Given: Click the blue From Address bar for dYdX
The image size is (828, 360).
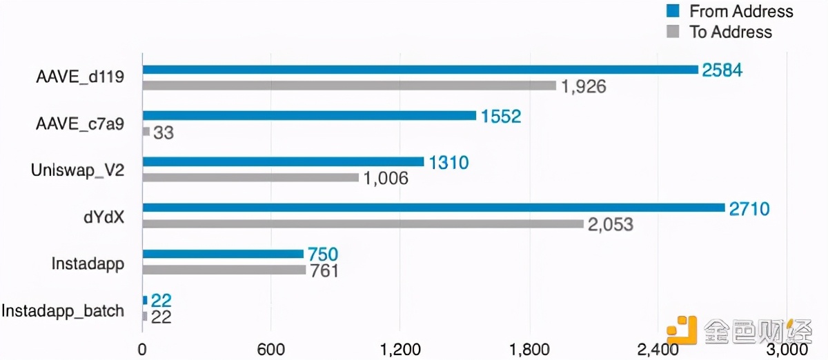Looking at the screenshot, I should coord(433,208).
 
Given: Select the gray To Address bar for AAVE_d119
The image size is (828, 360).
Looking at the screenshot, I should coord(349,86).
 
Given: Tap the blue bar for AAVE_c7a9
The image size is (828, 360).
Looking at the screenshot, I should coord(309,115).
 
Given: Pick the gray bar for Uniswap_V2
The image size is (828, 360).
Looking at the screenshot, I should coord(250,178).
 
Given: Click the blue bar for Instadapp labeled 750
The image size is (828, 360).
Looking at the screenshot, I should coord(223,254).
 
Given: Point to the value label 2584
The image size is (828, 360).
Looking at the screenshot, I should coord(722,70).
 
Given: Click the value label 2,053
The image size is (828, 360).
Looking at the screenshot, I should coord(610,225).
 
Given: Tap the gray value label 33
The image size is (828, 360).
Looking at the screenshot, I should coord(163,132).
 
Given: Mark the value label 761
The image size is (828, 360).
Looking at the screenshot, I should coord(324,270).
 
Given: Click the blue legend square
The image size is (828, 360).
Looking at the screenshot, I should coord(673,11).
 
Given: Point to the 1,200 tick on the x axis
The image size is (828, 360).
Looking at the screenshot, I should coord(400,350).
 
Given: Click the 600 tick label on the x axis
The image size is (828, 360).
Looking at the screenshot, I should coord(271,350).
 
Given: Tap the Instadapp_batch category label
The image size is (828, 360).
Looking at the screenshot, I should coord(63,310).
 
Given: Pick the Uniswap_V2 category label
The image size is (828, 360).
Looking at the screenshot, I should coord(78,170).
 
